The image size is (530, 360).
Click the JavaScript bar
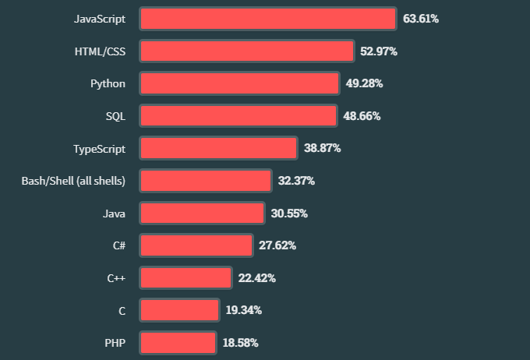tap(268, 19)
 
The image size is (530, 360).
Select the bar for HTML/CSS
tap(247, 51)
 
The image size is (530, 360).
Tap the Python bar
tap(239, 83)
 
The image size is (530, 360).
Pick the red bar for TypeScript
tap(218, 148)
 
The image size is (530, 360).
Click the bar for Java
tap(202, 213)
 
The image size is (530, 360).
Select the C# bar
tap(196, 245)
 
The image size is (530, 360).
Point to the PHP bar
tap(178, 342)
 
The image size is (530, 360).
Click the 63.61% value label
tap(421, 19)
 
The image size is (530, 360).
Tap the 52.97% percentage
tap(379, 51)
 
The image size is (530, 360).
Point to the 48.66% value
tap(362, 116)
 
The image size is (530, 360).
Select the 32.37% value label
tap(296, 181)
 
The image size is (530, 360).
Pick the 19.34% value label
tap(243, 310)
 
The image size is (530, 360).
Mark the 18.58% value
tap(240, 342)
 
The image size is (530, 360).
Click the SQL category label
tap(115, 116)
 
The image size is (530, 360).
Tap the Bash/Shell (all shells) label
tap(73, 181)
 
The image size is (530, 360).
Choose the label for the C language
tap(122, 310)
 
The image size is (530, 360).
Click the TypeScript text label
tap(99, 148)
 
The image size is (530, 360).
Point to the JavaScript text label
tap(100, 19)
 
